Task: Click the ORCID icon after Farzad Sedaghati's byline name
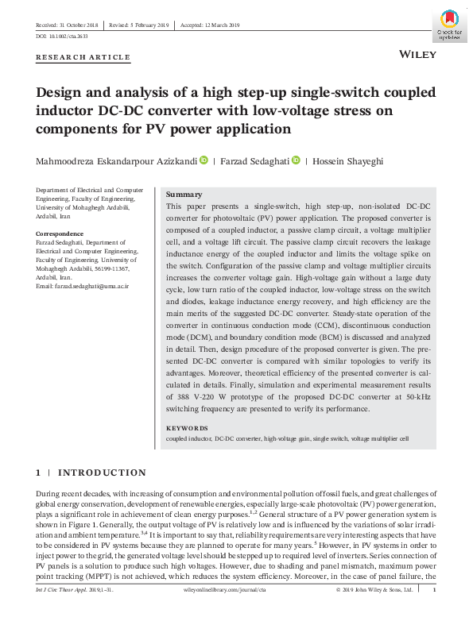click(297, 160)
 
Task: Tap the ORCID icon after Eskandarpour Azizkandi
click(203, 160)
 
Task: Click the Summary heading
click(184, 195)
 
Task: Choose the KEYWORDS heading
click(187, 429)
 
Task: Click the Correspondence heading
click(60, 233)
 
